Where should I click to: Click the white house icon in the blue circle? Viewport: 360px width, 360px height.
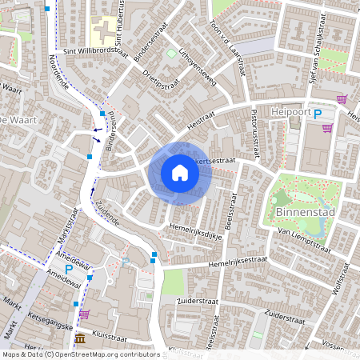[180, 173]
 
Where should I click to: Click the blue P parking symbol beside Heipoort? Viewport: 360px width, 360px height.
[318, 114]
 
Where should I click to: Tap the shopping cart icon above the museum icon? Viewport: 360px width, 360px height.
[84, 314]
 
